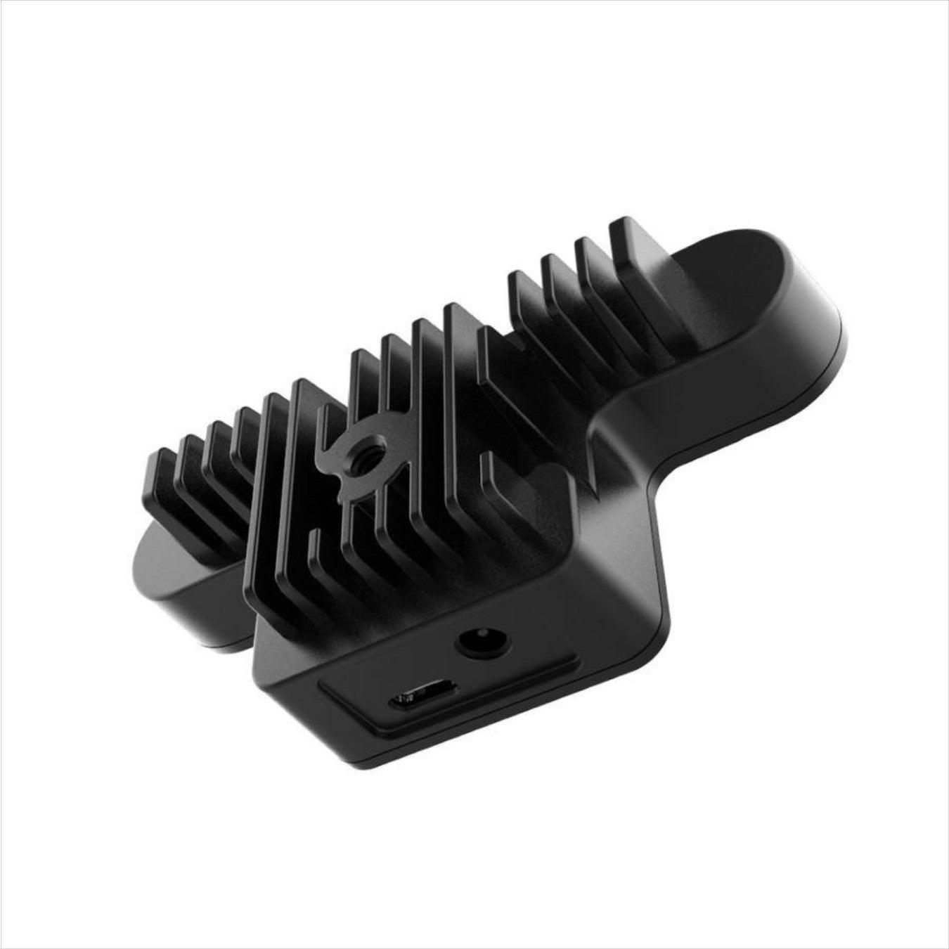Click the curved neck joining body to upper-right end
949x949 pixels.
(633, 422)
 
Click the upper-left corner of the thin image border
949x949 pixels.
(2, 2)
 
